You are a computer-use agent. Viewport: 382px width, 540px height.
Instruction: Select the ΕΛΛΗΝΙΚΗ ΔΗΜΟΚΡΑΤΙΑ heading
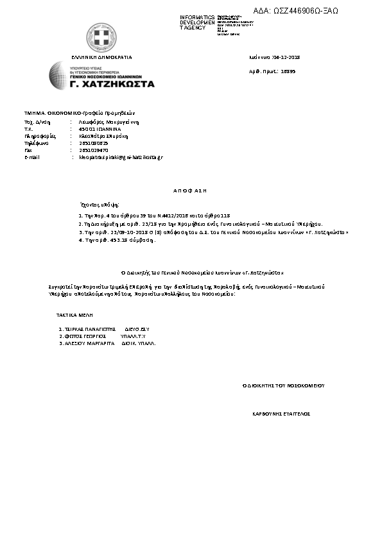click(101, 57)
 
